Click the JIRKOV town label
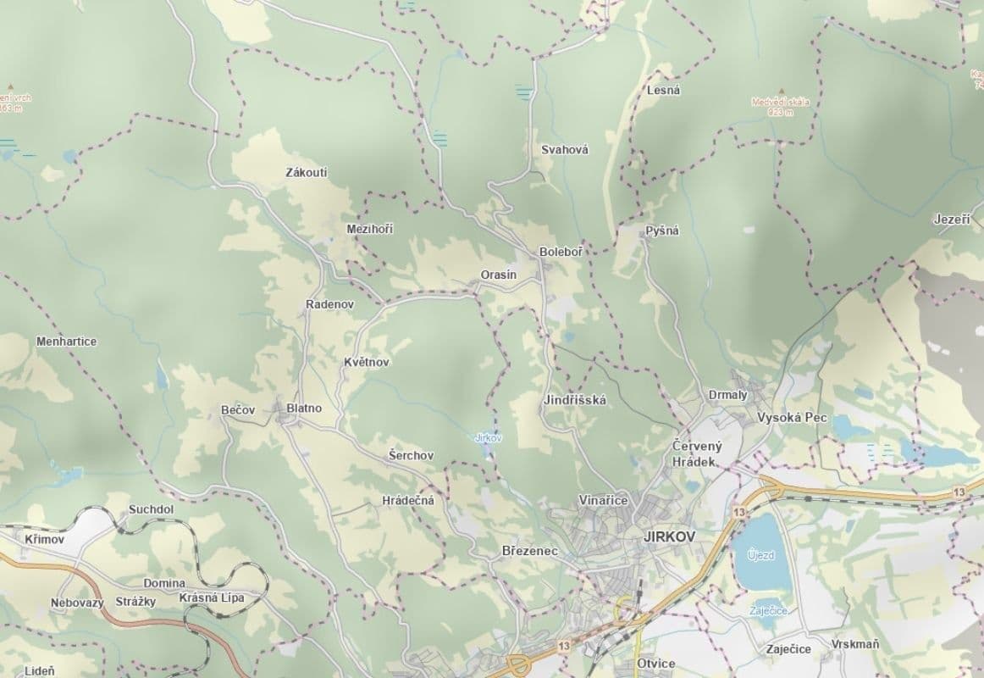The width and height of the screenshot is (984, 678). (669, 536)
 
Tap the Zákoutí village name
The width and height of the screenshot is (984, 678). (307, 173)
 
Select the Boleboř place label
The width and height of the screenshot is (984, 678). (561, 253)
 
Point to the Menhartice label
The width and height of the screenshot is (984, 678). (66, 342)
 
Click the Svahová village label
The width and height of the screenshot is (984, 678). (565, 150)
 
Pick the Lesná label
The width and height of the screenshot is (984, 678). (663, 90)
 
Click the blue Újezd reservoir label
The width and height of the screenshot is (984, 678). (760, 554)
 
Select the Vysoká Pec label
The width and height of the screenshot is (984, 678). (792, 418)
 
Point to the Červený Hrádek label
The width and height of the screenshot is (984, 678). (694, 453)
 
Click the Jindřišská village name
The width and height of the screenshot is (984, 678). (574, 400)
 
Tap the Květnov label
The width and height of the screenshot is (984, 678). (367, 362)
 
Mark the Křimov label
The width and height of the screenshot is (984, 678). (44, 539)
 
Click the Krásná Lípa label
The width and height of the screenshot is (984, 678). (212, 597)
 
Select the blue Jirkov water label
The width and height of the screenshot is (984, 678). (489, 438)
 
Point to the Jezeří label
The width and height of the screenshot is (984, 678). (952, 219)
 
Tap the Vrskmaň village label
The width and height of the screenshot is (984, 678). (854, 644)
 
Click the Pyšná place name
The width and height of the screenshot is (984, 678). (662, 231)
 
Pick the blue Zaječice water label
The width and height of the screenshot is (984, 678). (770, 611)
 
